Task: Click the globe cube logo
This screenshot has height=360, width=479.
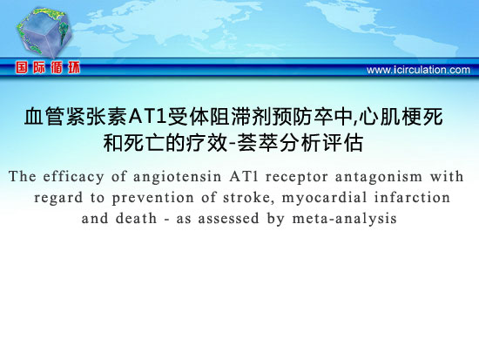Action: tap(44, 32)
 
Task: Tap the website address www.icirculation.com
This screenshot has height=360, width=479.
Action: tap(418, 70)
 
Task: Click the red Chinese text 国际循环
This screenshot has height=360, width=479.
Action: tap(48, 68)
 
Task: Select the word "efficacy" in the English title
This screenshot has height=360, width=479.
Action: tap(73, 177)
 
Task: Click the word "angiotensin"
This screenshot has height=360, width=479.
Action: tap(177, 178)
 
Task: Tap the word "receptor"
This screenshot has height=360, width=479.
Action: tap(297, 178)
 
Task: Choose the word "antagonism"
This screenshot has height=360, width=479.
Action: tap(379, 178)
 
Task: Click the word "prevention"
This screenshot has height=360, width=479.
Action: tap(152, 199)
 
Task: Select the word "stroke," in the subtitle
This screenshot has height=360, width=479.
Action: tap(247, 198)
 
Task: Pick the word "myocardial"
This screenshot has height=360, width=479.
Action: tap(325, 199)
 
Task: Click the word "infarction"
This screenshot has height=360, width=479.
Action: tap(412, 198)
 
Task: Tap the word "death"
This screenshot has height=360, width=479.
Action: tap(136, 219)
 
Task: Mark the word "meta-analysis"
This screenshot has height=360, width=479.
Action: tap(344, 219)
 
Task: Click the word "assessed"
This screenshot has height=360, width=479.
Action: tap(228, 219)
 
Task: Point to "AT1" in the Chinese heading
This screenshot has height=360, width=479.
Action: tap(147, 117)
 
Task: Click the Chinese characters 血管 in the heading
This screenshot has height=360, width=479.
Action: tap(44, 117)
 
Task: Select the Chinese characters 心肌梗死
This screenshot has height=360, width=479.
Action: tap(401, 117)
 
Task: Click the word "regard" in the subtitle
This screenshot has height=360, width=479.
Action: tap(58, 199)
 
